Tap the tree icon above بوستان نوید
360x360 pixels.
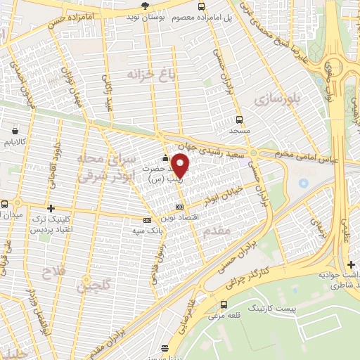click(x=145, y=5)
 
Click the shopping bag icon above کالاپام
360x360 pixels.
click(x=15, y=130)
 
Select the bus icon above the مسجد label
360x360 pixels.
click(x=239, y=120)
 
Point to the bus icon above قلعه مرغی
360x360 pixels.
click(x=224, y=304)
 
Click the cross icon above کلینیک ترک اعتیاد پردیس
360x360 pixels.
click(x=51, y=208)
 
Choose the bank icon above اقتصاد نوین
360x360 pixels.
click(x=179, y=207)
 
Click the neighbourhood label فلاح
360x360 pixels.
click(x=53, y=271)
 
